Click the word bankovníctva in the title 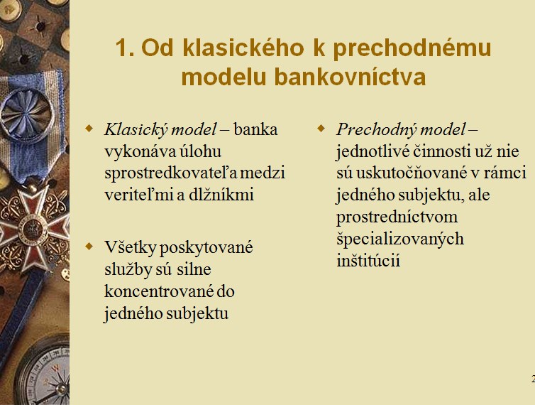pyautogui.click(x=350, y=77)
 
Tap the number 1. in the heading pyautogui.click(x=125, y=48)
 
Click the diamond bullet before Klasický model pyautogui.click(x=89, y=129)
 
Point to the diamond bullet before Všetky pyautogui.click(x=89, y=246)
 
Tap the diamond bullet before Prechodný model pyautogui.click(x=321, y=129)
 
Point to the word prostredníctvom pyautogui.click(x=397, y=217)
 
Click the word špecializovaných pyautogui.click(x=400, y=239)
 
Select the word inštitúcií pyautogui.click(x=368, y=261)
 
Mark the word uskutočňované pyautogui.click(x=412, y=173)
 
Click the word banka pyautogui.click(x=255, y=130)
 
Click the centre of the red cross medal pyautogui.click(x=33, y=228)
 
